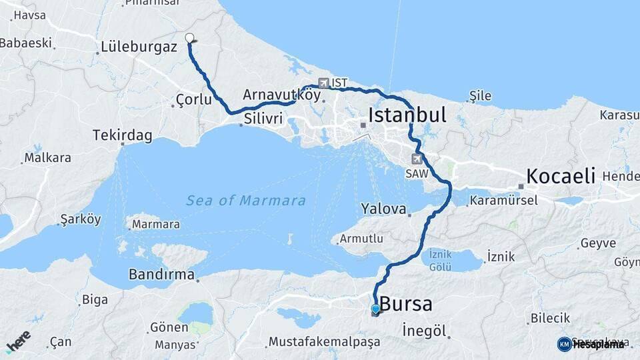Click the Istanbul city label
point(407,115)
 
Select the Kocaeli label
point(561,176)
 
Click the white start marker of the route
point(189,38)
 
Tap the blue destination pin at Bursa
point(376,309)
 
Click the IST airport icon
point(324,83)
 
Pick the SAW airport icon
point(417,159)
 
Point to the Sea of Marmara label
point(246,200)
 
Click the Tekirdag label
point(123,135)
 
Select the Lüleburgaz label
point(139,47)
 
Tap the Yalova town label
point(383,209)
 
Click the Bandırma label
point(161,274)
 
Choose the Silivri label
point(264,118)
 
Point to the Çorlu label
point(193,99)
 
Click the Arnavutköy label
point(281,95)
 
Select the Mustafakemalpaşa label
point(324,341)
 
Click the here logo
point(18,341)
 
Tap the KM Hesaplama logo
point(591,344)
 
